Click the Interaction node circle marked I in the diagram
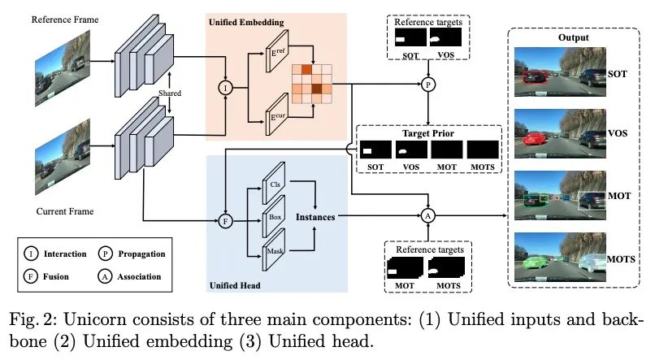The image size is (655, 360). point(226,88)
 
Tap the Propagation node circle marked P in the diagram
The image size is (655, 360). point(427,85)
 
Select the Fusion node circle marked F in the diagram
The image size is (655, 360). point(226,221)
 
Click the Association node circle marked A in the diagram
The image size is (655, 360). point(427,216)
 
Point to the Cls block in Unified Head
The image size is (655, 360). point(274,184)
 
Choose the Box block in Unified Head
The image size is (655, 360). point(274,216)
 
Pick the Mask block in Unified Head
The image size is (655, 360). point(274,249)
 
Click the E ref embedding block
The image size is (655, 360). point(277,54)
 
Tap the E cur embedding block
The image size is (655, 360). point(277,115)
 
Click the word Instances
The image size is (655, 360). point(315,217)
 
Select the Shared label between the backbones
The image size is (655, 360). point(170,93)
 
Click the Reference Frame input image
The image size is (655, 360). point(63,69)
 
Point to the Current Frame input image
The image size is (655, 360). point(63,158)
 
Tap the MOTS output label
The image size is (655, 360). point(621,259)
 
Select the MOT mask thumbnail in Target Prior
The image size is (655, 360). point(446,150)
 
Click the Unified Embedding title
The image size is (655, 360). point(246,22)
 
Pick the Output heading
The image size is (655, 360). point(573,37)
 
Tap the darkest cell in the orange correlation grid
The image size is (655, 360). point(317,89)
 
